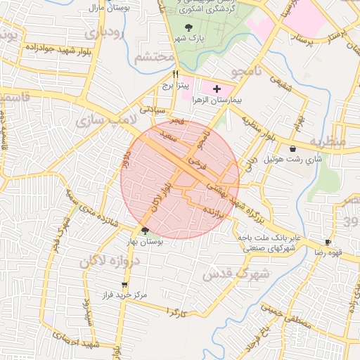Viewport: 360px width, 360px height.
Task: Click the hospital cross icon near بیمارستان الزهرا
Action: tap(216, 89)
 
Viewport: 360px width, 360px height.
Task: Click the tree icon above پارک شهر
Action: tap(186, 27)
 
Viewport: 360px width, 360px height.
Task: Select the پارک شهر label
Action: tap(185, 39)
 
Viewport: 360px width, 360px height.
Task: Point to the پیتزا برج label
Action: tap(175, 85)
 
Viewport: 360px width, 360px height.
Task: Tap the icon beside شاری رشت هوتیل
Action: tap(292, 148)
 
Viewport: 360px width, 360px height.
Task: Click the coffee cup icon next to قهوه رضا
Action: tap(328, 243)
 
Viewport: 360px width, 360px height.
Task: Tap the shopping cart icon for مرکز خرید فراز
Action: tap(124, 285)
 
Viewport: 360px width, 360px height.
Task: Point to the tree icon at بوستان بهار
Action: tap(145, 230)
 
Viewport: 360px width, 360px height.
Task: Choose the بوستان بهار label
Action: tap(145, 241)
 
